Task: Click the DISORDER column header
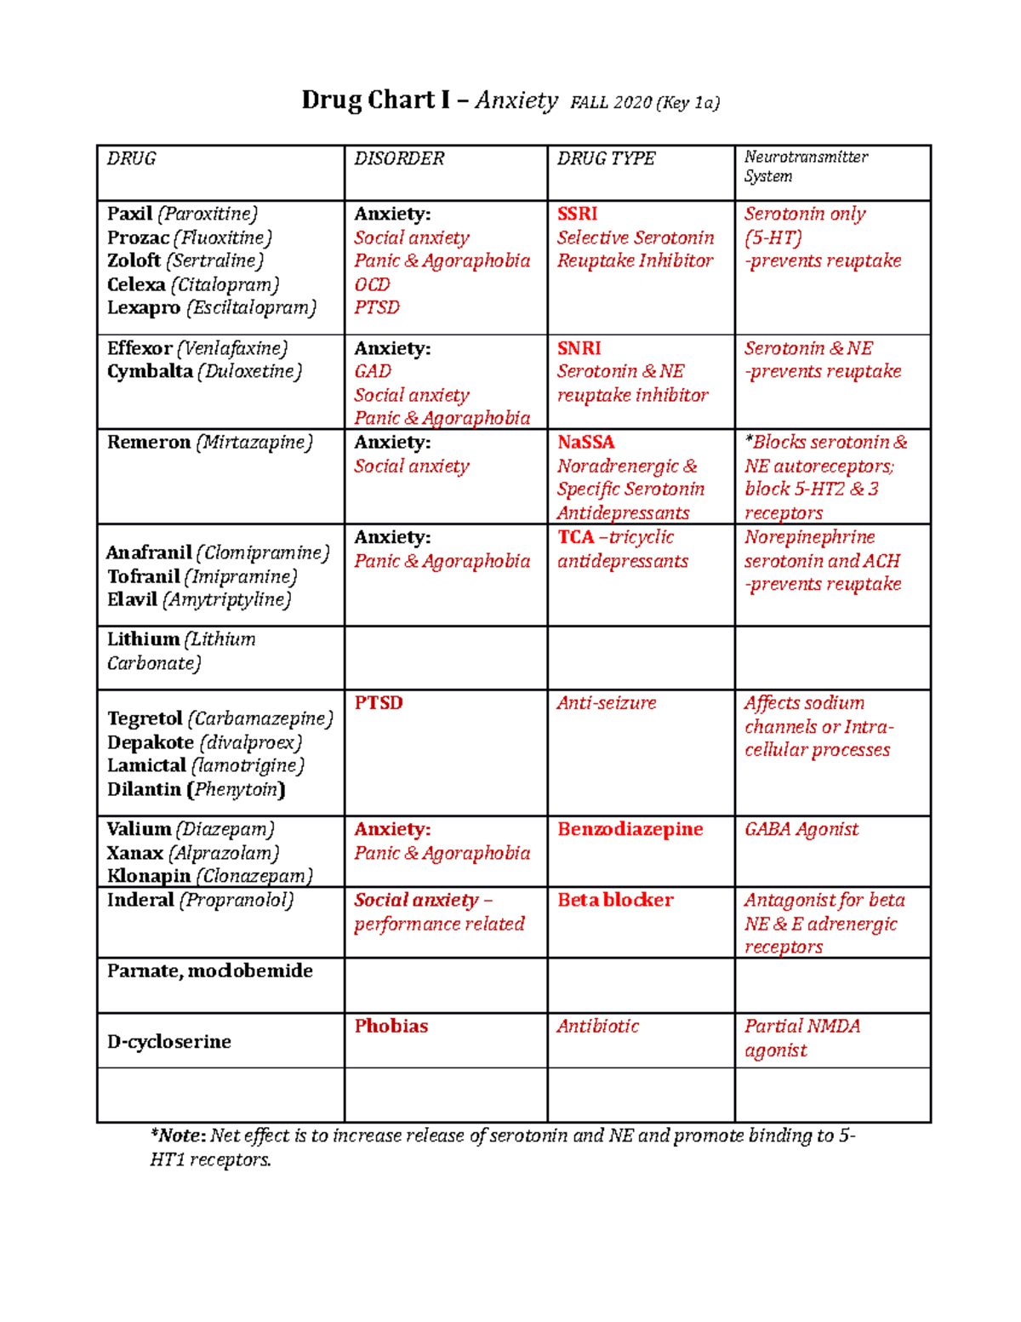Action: point(399,159)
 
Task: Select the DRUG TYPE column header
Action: point(606,159)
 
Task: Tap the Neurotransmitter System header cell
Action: point(805,167)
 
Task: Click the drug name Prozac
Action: point(137,238)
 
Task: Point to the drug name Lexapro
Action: point(143,308)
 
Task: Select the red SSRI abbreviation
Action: point(577,215)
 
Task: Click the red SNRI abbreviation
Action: point(579,349)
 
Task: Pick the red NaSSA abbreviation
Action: point(585,443)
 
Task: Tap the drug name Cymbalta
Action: point(150,372)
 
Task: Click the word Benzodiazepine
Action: point(630,830)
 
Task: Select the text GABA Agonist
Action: point(801,830)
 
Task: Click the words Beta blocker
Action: point(614,901)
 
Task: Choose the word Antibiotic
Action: point(597,1027)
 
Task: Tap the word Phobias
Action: point(391,1027)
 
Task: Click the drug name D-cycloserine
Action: point(168,1042)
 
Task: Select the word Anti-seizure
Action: point(606,704)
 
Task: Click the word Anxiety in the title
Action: point(516,100)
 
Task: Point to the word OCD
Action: point(372,285)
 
